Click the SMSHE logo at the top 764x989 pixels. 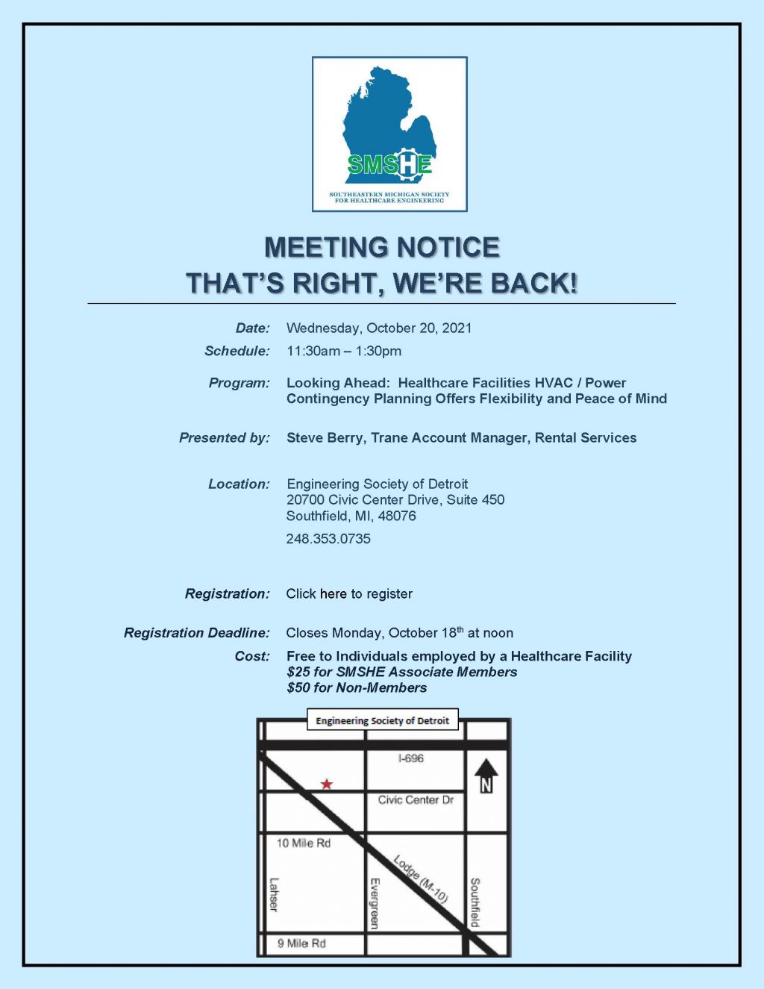pos(389,134)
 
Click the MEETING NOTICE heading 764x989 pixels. pos(382,248)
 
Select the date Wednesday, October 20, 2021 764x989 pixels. pos(379,328)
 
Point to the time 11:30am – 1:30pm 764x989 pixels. pos(344,351)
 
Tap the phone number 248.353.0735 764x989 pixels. pos(328,539)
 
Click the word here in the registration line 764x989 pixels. pos(333,594)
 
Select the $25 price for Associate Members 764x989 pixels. pos(299,672)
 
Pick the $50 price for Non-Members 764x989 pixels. pos(299,687)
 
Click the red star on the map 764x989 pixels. pos(327,784)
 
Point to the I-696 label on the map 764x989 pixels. pos(410,758)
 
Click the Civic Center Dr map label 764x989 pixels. pos(416,800)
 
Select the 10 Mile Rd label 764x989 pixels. pos(303,843)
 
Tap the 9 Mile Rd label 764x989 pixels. pos(301,943)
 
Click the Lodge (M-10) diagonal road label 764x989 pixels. pos(420,879)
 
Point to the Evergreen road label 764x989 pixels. pos(375,903)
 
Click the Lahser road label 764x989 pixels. pos(273,894)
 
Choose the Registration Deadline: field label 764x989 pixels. pos(197,633)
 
